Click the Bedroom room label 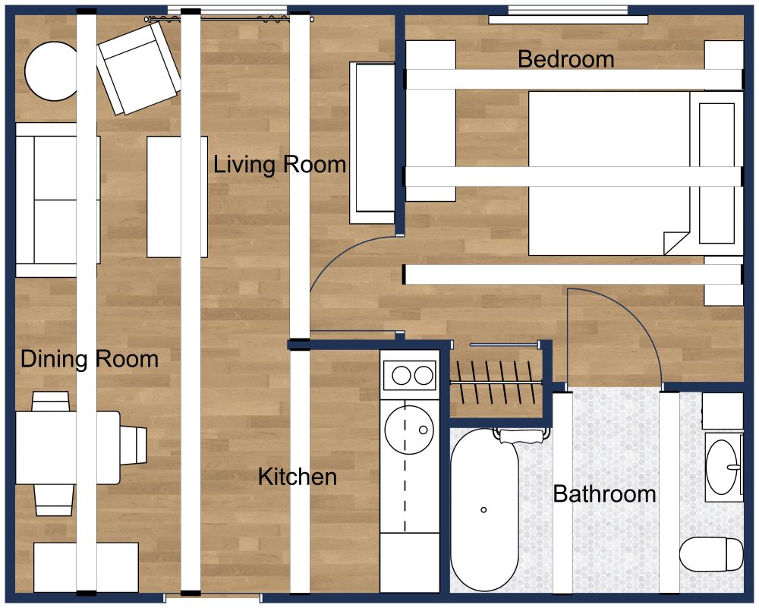[x=565, y=59]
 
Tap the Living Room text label [x=279, y=164]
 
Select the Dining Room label [x=90, y=359]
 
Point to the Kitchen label [x=298, y=477]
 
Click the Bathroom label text [x=604, y=495]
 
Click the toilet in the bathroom [x=711, y=554]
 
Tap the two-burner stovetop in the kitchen [x=410, y=374]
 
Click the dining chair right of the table [x=134, y=444]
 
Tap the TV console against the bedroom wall [x=372, y=143]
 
